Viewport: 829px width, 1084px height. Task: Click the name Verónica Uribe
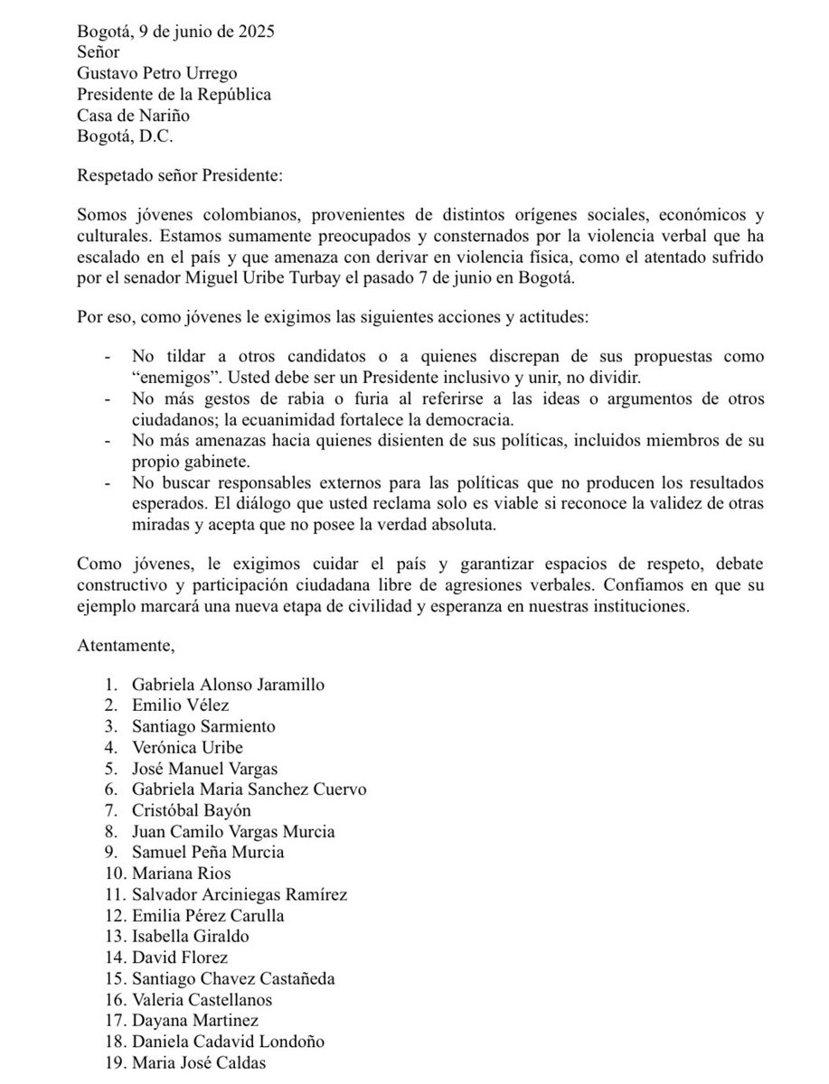coord(187,747)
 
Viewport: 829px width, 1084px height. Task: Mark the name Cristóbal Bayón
coord(190,809)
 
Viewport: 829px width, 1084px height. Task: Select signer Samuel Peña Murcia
coord(207,852)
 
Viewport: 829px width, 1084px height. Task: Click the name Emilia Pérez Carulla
coord(208,915)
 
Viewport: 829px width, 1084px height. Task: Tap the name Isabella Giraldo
coord(190,936)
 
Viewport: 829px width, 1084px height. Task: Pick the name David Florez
coord(180,957)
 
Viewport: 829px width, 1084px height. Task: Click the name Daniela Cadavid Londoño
coord(228,1041)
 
